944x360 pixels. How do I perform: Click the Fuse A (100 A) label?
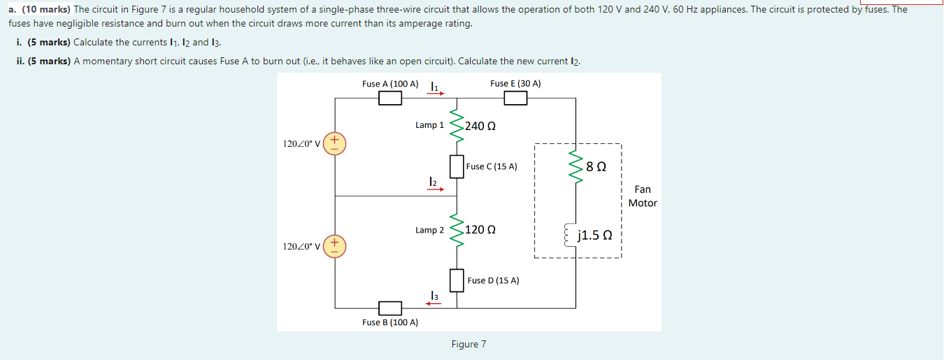click(x=390, y=84)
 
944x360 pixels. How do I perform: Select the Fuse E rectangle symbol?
click(x=515, y=99)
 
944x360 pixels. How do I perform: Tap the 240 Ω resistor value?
click(x=480, y=126)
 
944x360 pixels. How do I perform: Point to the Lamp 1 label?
click(x=429, y=125)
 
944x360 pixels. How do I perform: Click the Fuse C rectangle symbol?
click(x=457, y=167)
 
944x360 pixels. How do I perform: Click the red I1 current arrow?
click(x=436, y=92)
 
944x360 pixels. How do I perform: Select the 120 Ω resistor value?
click(x=480, y=229)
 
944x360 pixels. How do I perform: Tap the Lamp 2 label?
click(x=429, y=230)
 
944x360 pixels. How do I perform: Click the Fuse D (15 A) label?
click(x=493, y=280)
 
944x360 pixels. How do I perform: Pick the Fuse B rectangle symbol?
click(x=390, y=308)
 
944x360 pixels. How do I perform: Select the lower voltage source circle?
click(x=334, y=246)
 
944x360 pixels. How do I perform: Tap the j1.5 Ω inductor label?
click(x=596, y=235)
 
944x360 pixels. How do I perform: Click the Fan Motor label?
click(x=642, y=196)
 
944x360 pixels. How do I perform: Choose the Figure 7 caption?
click(x=469, y=344)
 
